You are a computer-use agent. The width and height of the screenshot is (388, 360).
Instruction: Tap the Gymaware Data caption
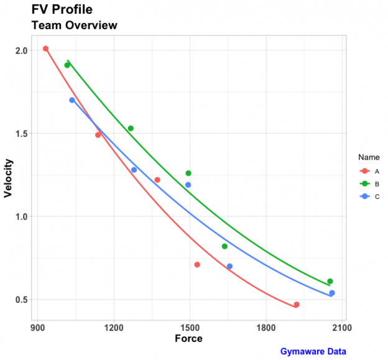(x=313, y=351)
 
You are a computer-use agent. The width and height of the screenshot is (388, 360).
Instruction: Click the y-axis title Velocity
(x=9, y=178)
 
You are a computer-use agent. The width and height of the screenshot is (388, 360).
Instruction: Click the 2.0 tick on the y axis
(x=22, y=50)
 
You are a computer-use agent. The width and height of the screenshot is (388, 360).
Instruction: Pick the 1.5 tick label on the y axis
(x=22, y=134)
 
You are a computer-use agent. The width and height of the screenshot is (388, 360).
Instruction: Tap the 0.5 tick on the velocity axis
(x=22, y=300)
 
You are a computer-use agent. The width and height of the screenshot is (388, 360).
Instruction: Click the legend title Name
(x=368, y=157)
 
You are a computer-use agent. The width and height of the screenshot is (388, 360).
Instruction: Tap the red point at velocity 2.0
(x=45, y=48)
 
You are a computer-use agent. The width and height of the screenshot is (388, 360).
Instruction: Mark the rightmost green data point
(x=330, y=282)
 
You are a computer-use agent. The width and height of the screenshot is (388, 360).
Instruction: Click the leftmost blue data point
(x=72, y=100)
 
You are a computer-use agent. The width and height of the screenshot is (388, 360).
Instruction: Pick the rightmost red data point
(x=297, y=305)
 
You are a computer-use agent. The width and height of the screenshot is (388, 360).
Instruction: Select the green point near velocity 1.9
(x=67, y=65)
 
